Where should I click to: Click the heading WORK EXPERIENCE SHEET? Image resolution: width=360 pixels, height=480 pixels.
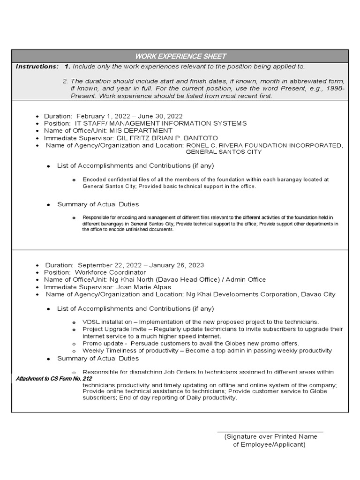pyautogui.click(x=180, y=56)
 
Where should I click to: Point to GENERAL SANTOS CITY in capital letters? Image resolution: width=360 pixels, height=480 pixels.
pyautogui.click(x=224, y=152)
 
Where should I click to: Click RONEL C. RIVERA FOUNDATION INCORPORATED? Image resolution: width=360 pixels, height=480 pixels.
pyautogui.click(x=264, y=145)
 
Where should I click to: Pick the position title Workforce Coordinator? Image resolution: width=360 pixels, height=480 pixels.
pyautogui.click(x=110, y=272)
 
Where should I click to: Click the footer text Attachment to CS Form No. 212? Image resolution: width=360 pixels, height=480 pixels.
pyautogui.click(x=54, y=378)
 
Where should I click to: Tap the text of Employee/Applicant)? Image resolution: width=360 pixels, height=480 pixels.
pyautogui.click(x=269, y=444)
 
